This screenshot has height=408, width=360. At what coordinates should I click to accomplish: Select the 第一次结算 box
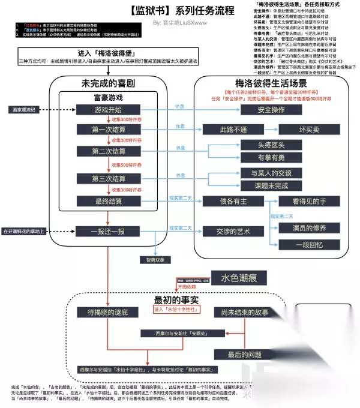109,130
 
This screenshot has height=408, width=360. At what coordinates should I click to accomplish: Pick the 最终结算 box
109,201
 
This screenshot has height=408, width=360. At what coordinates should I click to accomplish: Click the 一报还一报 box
109,230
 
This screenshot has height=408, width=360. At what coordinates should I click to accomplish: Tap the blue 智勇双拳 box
155,260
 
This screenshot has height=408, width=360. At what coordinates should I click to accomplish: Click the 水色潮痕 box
239,278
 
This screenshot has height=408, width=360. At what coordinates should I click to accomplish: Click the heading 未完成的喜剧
109,83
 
